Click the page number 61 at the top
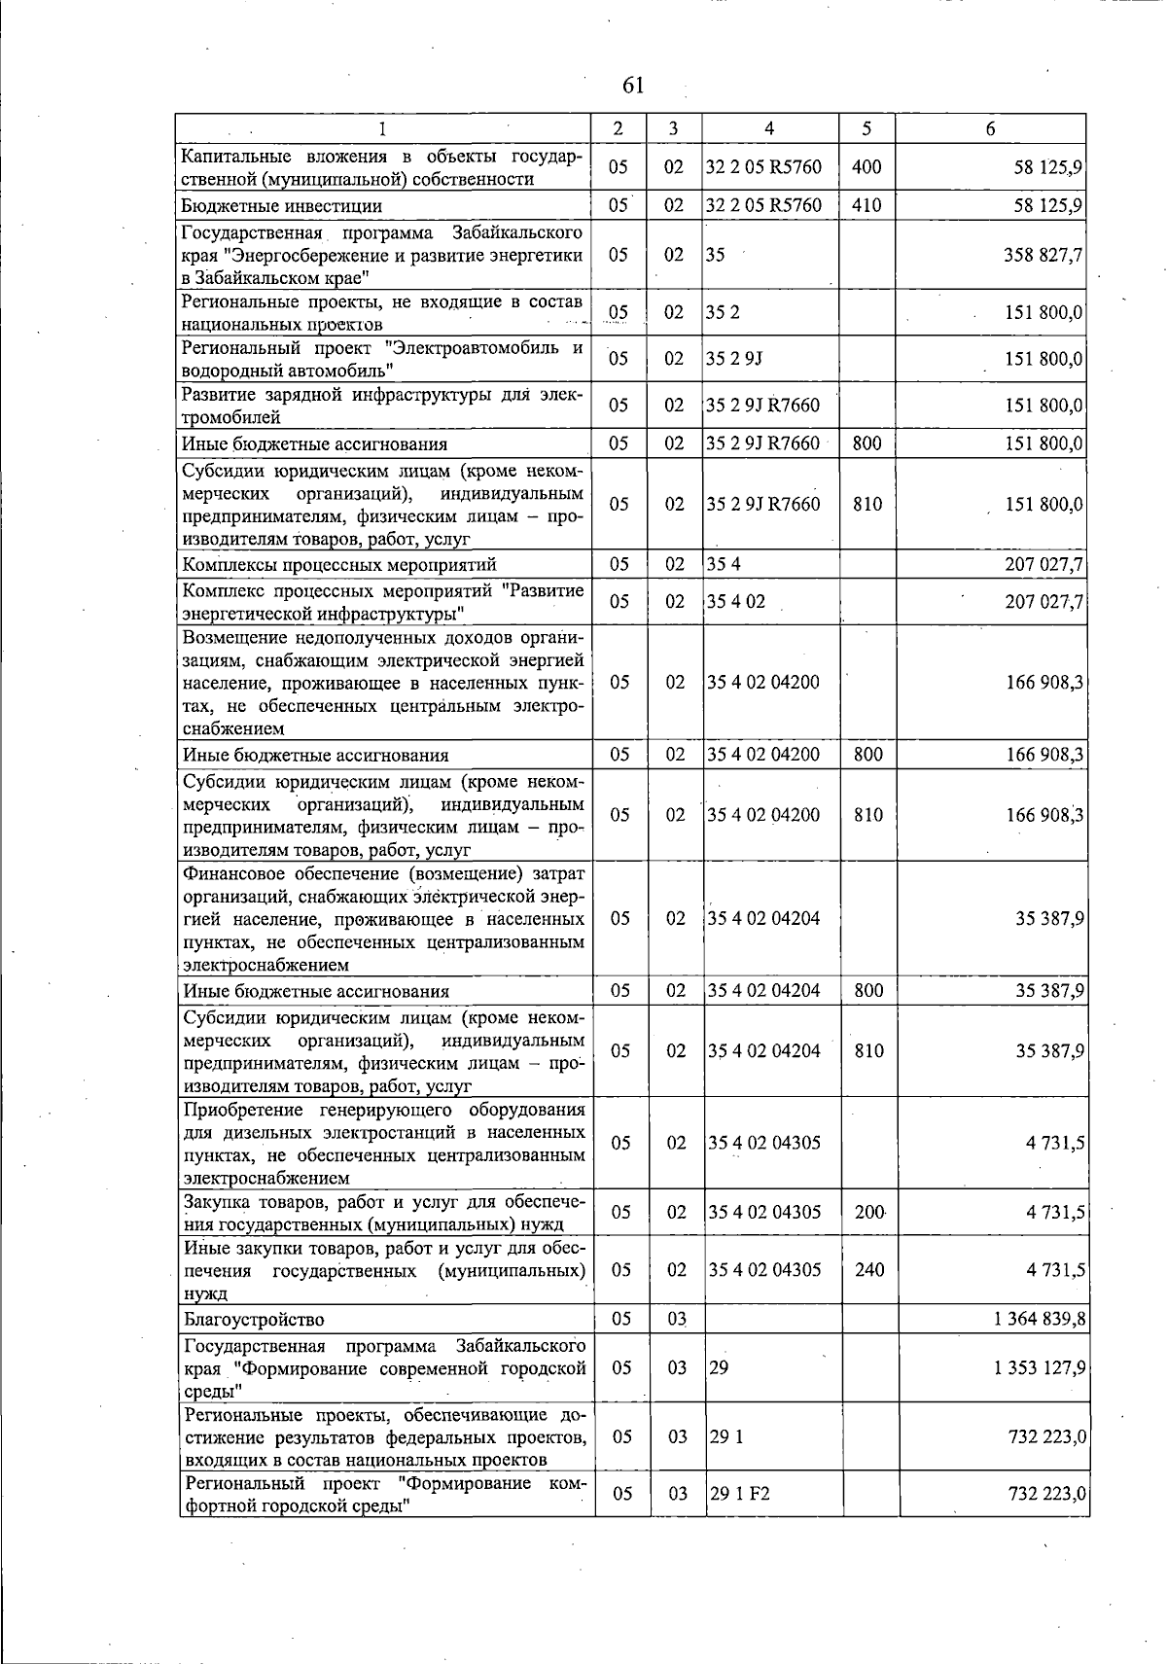[x=632, y=86]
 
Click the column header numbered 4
[x=769, y=128]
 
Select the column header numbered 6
[x=990, y=128]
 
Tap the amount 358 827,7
[x=1043, y=255]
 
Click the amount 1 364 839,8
[x=1040, y=1320]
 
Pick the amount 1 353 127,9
[x=1040, y=1367]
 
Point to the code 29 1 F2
[x=739, y=1494]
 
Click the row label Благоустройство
[x=254, y=1320]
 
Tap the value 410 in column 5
[x=866, y=206]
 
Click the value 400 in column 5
[x=866, y=167]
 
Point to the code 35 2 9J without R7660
[x=734, y=359]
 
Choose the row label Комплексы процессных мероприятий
[x=339, y=565]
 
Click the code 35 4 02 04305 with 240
[x=764, y=1270]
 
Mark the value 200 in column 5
[x=868, y=1212]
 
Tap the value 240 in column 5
[x=868, y=1270]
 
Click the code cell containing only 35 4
[x=724, y=565]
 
